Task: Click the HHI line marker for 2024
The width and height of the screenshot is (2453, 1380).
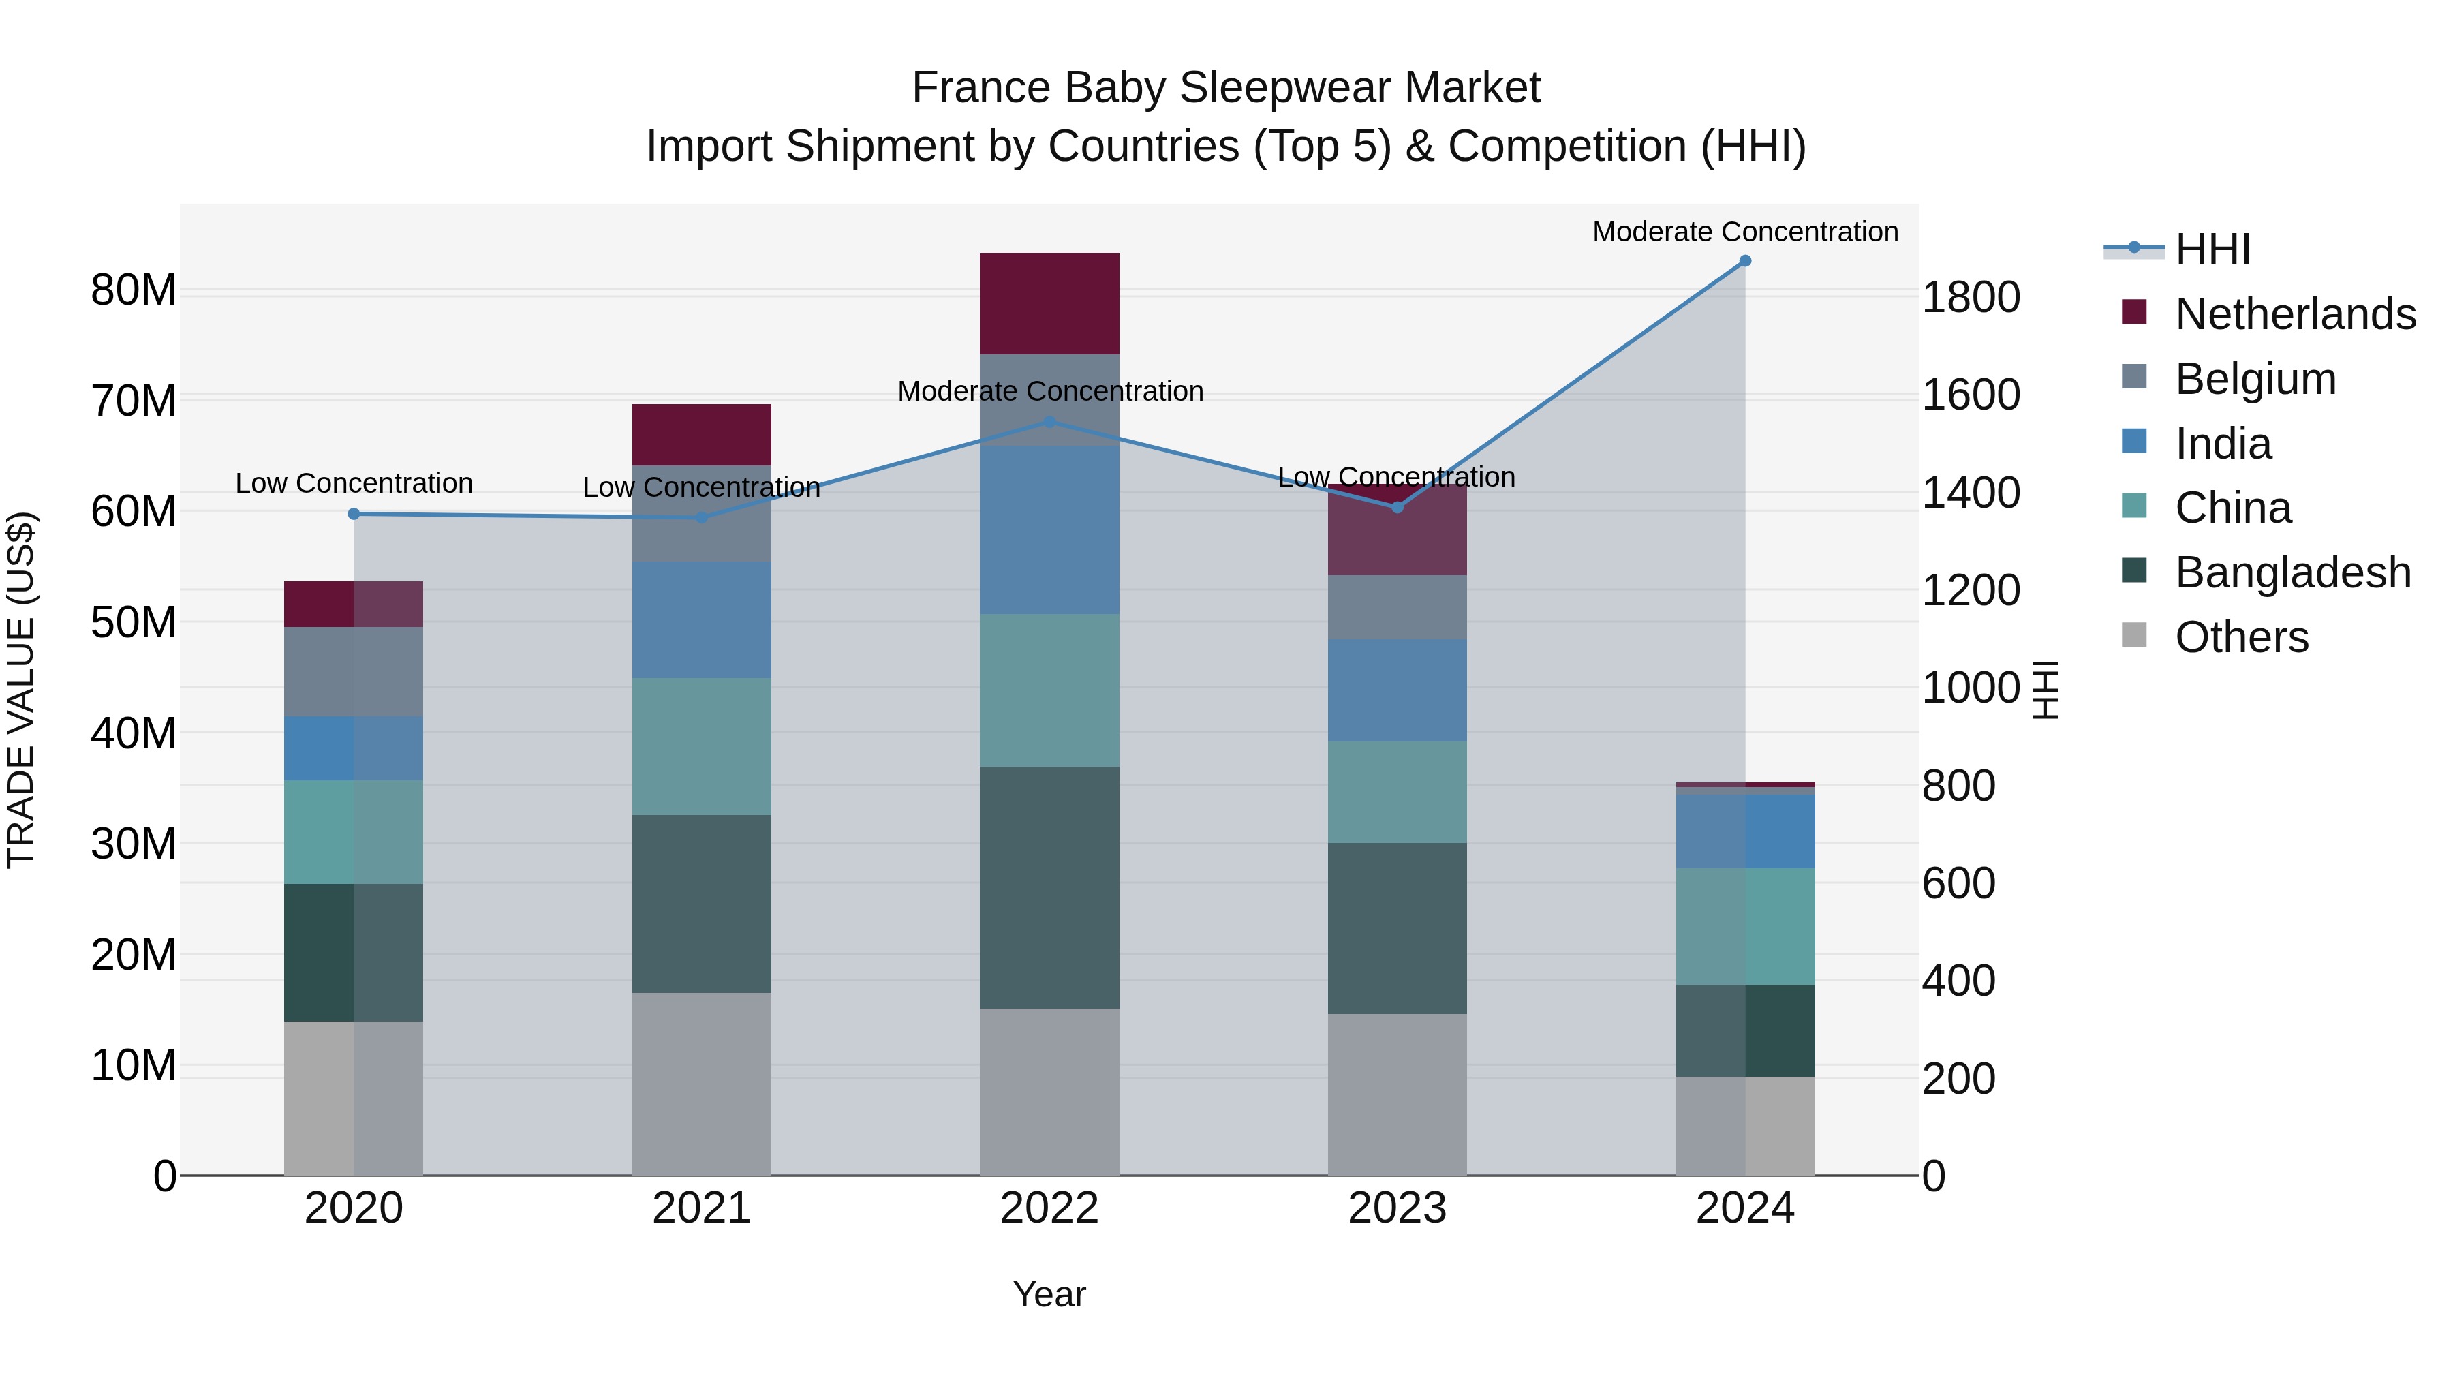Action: [1744, 261]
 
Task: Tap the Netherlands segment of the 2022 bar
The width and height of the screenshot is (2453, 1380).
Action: [1049, 303]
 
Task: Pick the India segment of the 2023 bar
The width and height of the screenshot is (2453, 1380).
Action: [1397, 690]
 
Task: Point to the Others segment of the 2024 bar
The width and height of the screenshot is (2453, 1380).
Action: [1744, 1126]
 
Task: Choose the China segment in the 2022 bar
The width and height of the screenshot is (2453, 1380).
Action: [1049, 690]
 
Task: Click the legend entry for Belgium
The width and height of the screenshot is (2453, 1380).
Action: [2255, 378]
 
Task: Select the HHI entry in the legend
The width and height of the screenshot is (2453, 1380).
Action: [2211, 249]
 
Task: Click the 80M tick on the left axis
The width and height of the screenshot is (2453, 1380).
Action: [134, 290]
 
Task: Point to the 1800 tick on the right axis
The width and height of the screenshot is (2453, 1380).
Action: [1970, 297]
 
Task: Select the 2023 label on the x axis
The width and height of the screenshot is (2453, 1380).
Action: [1397, 1208]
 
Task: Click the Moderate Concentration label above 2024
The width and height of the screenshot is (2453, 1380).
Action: [1744, 232]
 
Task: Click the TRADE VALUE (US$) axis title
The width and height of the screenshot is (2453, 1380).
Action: [21, 690]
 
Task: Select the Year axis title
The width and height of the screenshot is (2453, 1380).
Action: [1049, 1294]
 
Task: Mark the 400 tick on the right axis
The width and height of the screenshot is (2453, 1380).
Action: [1958, 981]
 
